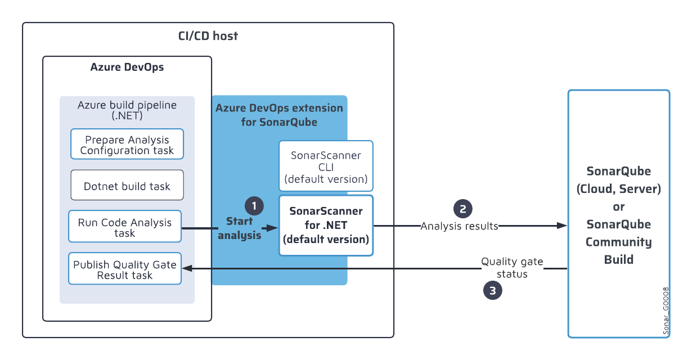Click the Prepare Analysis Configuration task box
127,145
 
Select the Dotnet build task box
127,186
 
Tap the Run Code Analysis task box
125,227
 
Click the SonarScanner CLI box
326,167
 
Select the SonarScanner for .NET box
326,225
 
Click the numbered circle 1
254,206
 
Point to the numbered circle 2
463,209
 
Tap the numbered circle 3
493,290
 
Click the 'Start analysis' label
240,228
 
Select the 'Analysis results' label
460,226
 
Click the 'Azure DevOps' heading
127,67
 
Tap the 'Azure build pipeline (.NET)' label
127,110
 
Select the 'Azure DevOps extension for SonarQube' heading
279,114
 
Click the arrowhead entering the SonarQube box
562,226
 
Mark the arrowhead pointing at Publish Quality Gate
187,269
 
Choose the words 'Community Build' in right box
618,251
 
